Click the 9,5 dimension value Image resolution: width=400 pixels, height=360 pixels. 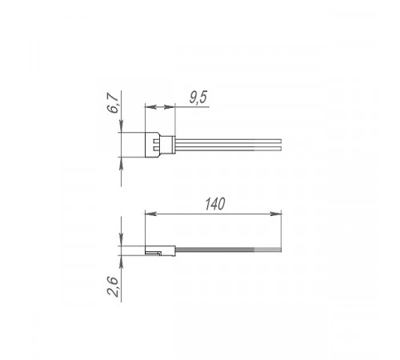pyautogui.click(x=198, y=97)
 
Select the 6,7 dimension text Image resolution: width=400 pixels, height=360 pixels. pyautogui.click(x=113, y=102)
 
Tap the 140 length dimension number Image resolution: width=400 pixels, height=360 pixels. pyautogui.click(x=215, y=204)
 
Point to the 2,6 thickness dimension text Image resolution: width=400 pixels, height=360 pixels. pyautogui.click(x=113, y=286)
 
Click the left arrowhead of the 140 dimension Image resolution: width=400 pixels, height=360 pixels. pyautogui.click(x=150, y=214)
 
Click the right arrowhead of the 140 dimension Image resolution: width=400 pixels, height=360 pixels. pyautogui.click(x=276, y=214)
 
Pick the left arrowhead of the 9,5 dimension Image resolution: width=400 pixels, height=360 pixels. pyautogui.click(x=150, y=107)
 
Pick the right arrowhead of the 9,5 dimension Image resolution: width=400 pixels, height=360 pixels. pyautogui.click(x=170, y=107)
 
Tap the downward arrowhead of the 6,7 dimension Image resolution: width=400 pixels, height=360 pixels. pyautogui.click(x=121, y=126)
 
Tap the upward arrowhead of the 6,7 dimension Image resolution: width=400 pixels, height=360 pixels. pyautogui.click(x=121, y=163)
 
